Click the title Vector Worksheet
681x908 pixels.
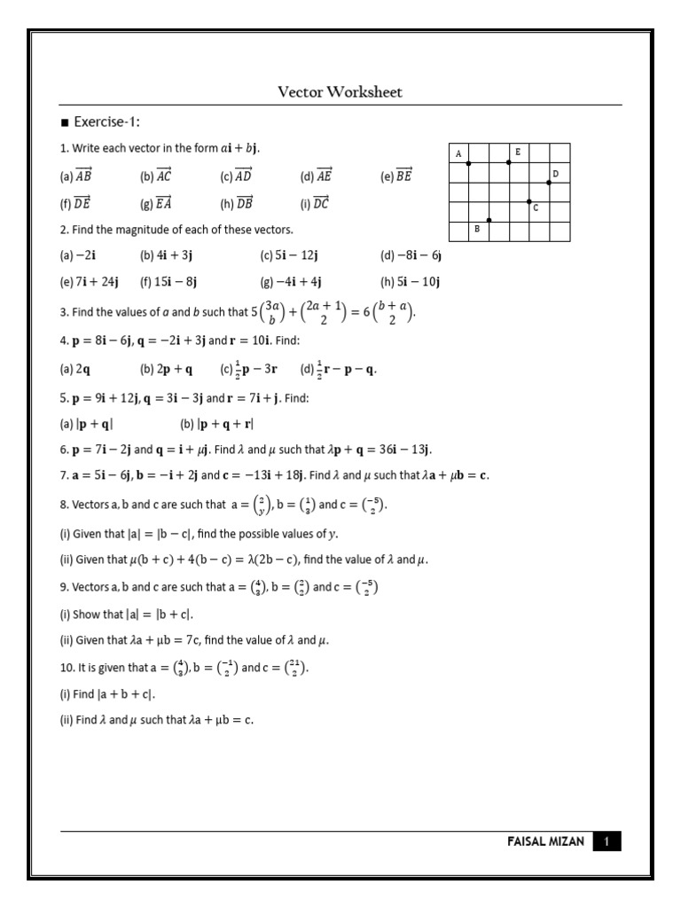click(340, 92)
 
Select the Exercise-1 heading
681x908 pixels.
click(104, 121)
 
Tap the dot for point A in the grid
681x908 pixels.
click(469, 163)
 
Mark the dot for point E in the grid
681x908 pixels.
click(509, 162)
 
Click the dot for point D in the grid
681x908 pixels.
click(549, 183)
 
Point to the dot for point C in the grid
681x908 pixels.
click(529, 202)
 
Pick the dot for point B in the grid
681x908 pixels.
click(489, 220)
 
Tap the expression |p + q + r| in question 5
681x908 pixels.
click(226, 425)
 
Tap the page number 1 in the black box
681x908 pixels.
click(607, 841)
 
